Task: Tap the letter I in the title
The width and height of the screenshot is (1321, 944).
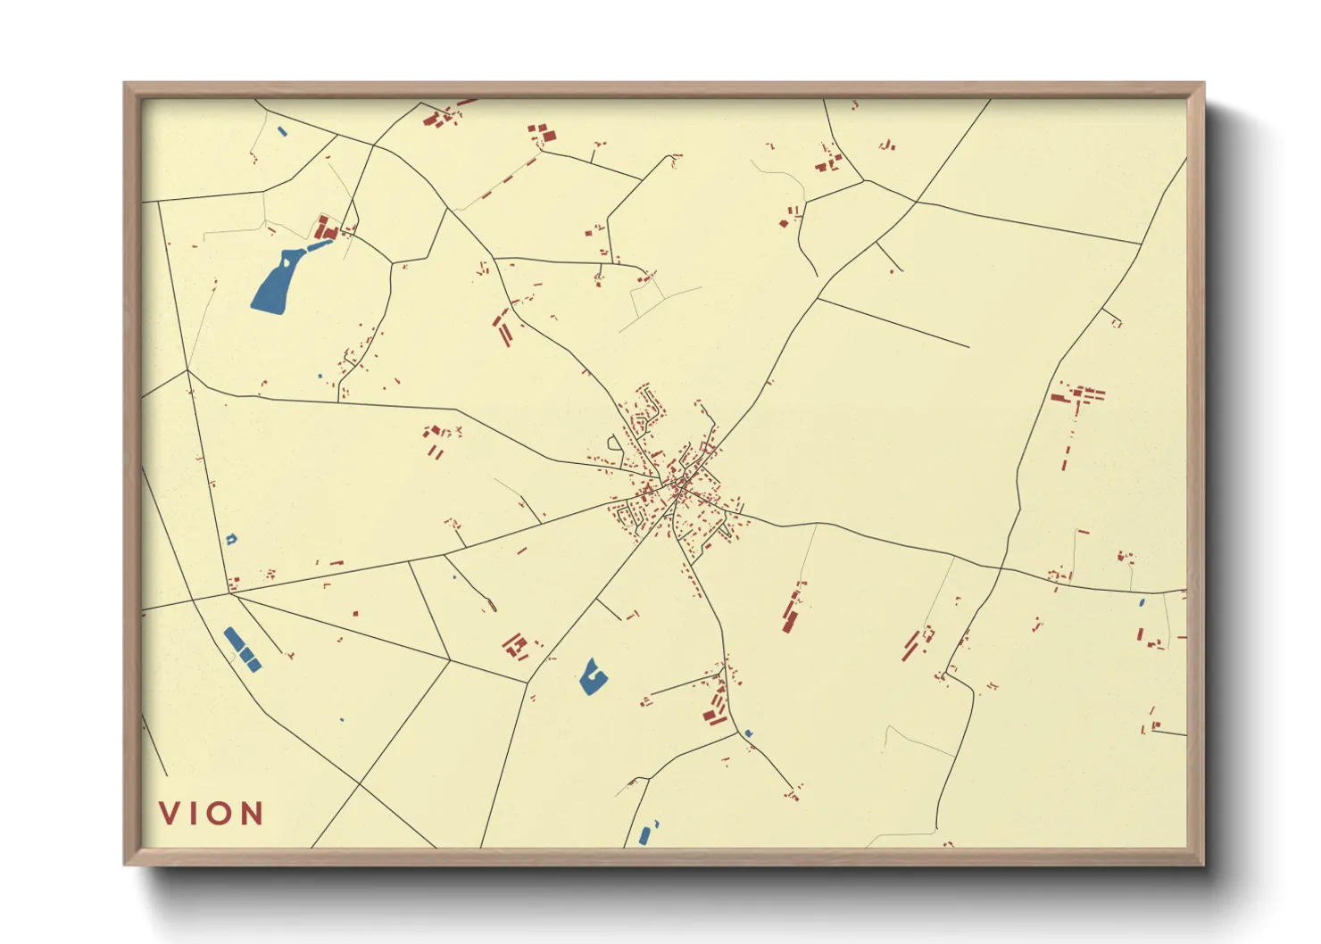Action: point(193,813)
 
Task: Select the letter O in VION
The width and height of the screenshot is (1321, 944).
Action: point(220,813)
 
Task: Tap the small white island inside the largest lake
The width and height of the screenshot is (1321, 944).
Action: point(285,264)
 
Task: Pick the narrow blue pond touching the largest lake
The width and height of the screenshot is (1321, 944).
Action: point(318,244)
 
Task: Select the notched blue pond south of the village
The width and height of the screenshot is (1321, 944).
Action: point(591,677)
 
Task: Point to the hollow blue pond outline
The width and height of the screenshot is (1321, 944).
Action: point(231,539)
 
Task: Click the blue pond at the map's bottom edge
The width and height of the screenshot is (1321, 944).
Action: point(645,835)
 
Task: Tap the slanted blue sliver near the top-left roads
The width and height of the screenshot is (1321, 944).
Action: point(282,132)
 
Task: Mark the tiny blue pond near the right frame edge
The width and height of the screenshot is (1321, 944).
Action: point(1142,603)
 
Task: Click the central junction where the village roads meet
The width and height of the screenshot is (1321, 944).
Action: point(678,488)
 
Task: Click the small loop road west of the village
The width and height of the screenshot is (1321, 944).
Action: point(614,443)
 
